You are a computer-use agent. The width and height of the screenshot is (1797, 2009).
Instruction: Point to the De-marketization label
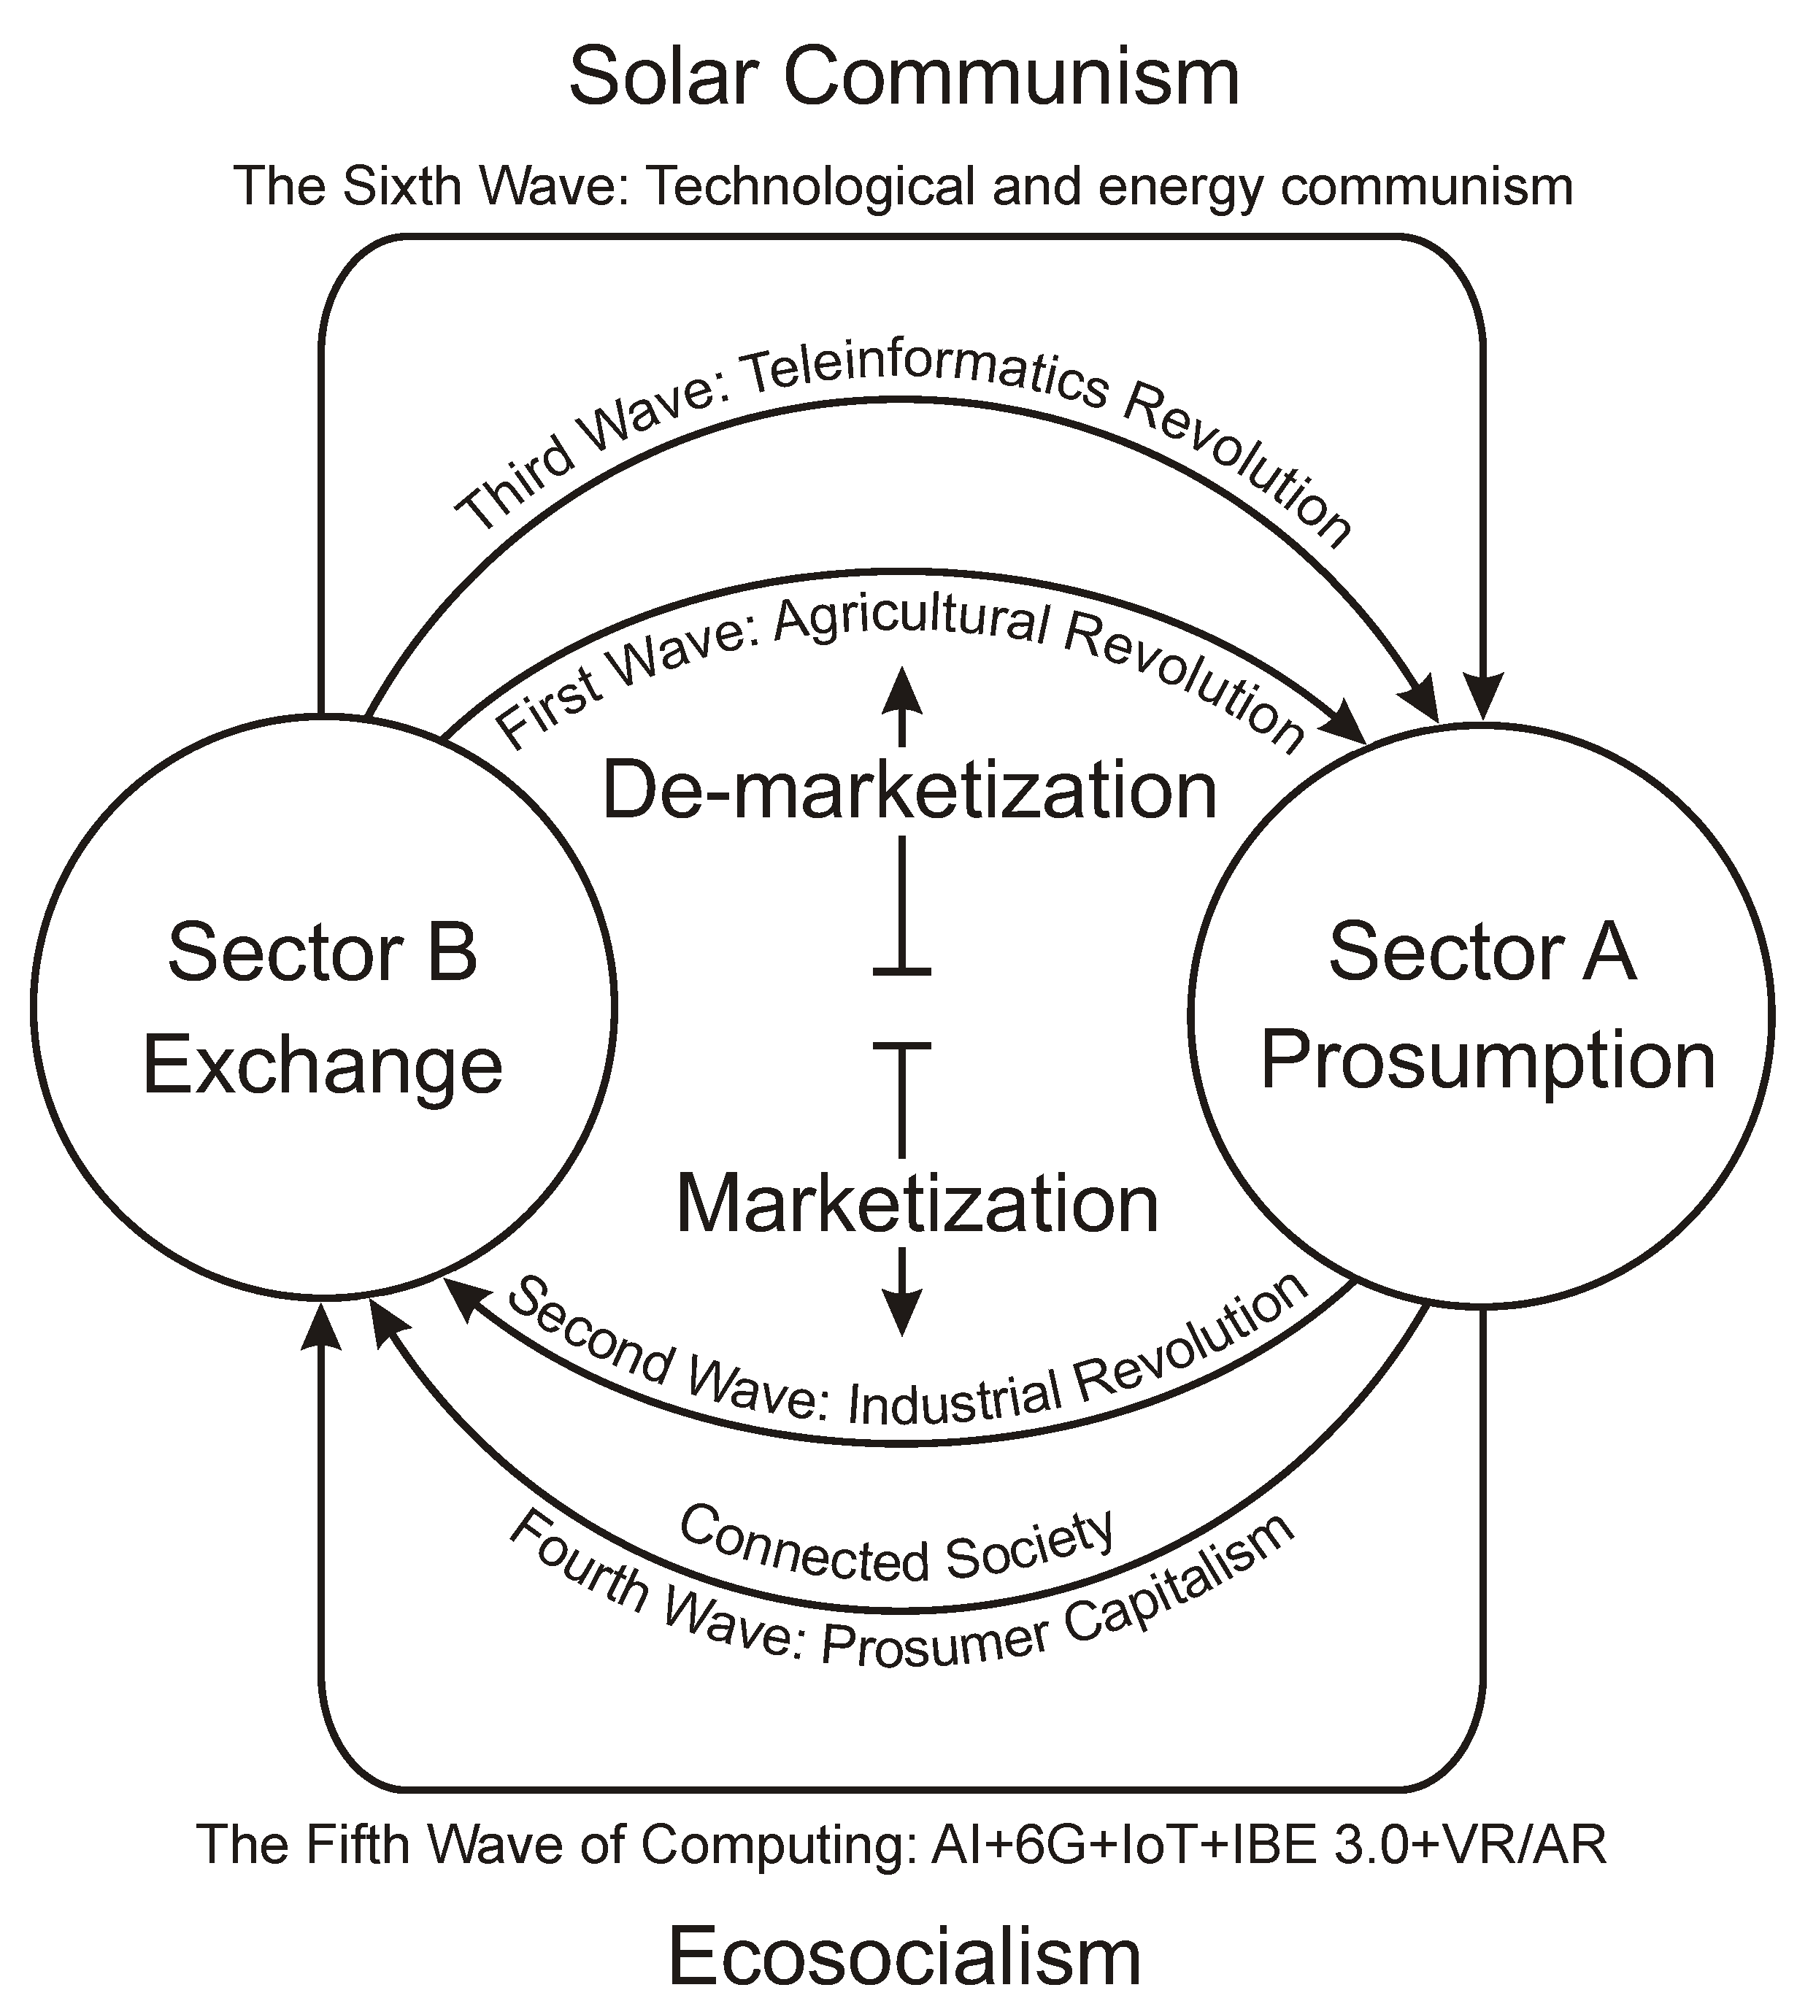point(909,790)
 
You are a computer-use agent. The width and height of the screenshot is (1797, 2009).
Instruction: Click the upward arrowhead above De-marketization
point(901,691)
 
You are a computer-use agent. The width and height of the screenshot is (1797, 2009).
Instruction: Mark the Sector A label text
point(1482,952)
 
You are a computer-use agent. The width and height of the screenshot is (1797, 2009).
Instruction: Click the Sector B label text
point(323,952)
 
